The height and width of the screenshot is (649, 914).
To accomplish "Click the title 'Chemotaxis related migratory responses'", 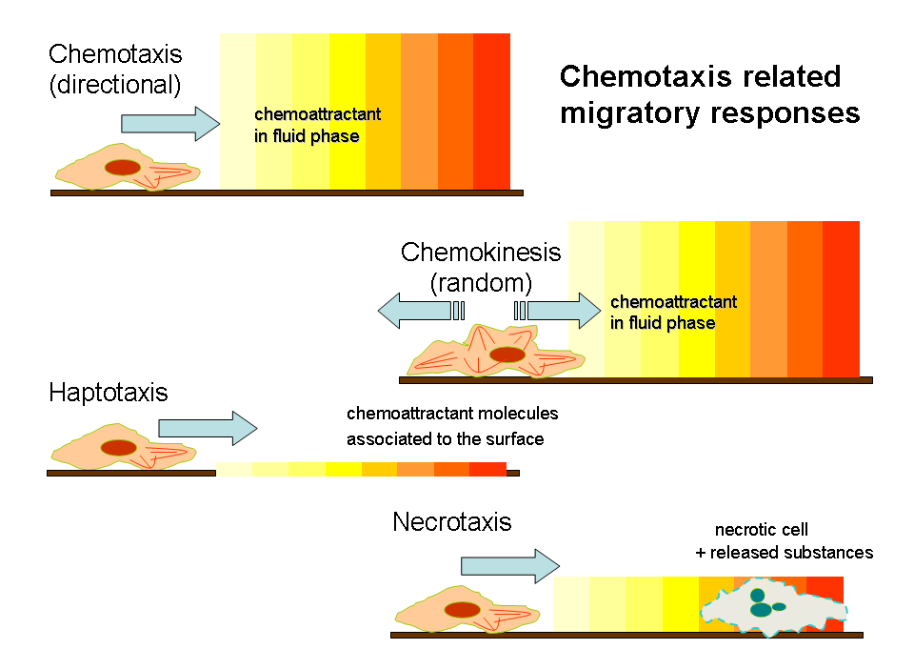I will [709, 94].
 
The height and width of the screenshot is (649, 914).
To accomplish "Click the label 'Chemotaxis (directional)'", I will [115, 69].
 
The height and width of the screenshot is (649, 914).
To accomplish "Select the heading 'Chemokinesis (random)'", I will [481, 267].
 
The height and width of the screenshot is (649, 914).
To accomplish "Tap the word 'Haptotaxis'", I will [108, 393].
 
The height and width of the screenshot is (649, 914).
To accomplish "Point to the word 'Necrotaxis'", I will [451, 522].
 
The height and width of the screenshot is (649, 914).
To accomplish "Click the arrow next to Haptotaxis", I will [207, 428].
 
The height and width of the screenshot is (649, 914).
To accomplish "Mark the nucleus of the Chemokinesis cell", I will [507, 355].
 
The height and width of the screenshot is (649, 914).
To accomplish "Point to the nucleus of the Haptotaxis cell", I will [119, 447].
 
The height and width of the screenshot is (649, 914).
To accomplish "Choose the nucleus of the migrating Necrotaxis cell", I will [463, 611].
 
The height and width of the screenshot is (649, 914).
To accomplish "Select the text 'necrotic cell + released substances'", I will [784, 541].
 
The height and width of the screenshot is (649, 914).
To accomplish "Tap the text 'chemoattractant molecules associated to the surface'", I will [452, 427].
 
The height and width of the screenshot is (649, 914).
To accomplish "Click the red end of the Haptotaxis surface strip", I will [488, 469].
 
